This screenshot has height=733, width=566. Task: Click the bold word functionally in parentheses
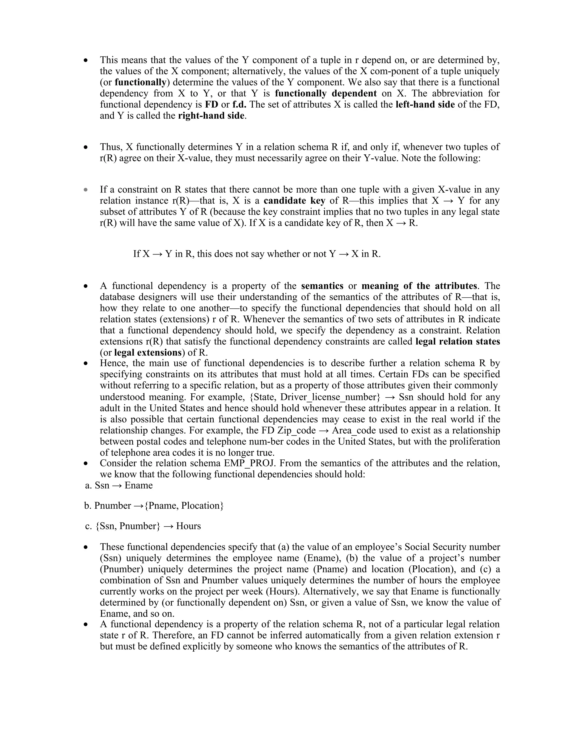(140, 82)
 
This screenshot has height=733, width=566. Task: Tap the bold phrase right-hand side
(211, 116)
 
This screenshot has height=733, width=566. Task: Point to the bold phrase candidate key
(294, 201)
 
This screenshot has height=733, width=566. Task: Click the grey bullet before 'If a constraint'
(86, 190)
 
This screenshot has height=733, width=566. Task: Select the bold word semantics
(322, 286)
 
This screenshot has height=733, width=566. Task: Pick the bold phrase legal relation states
(457, 342)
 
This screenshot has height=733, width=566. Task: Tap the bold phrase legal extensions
(148, 353)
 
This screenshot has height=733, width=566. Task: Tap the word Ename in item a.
(138, 486)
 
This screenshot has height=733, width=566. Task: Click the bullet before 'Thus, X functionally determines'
(86, 147)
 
